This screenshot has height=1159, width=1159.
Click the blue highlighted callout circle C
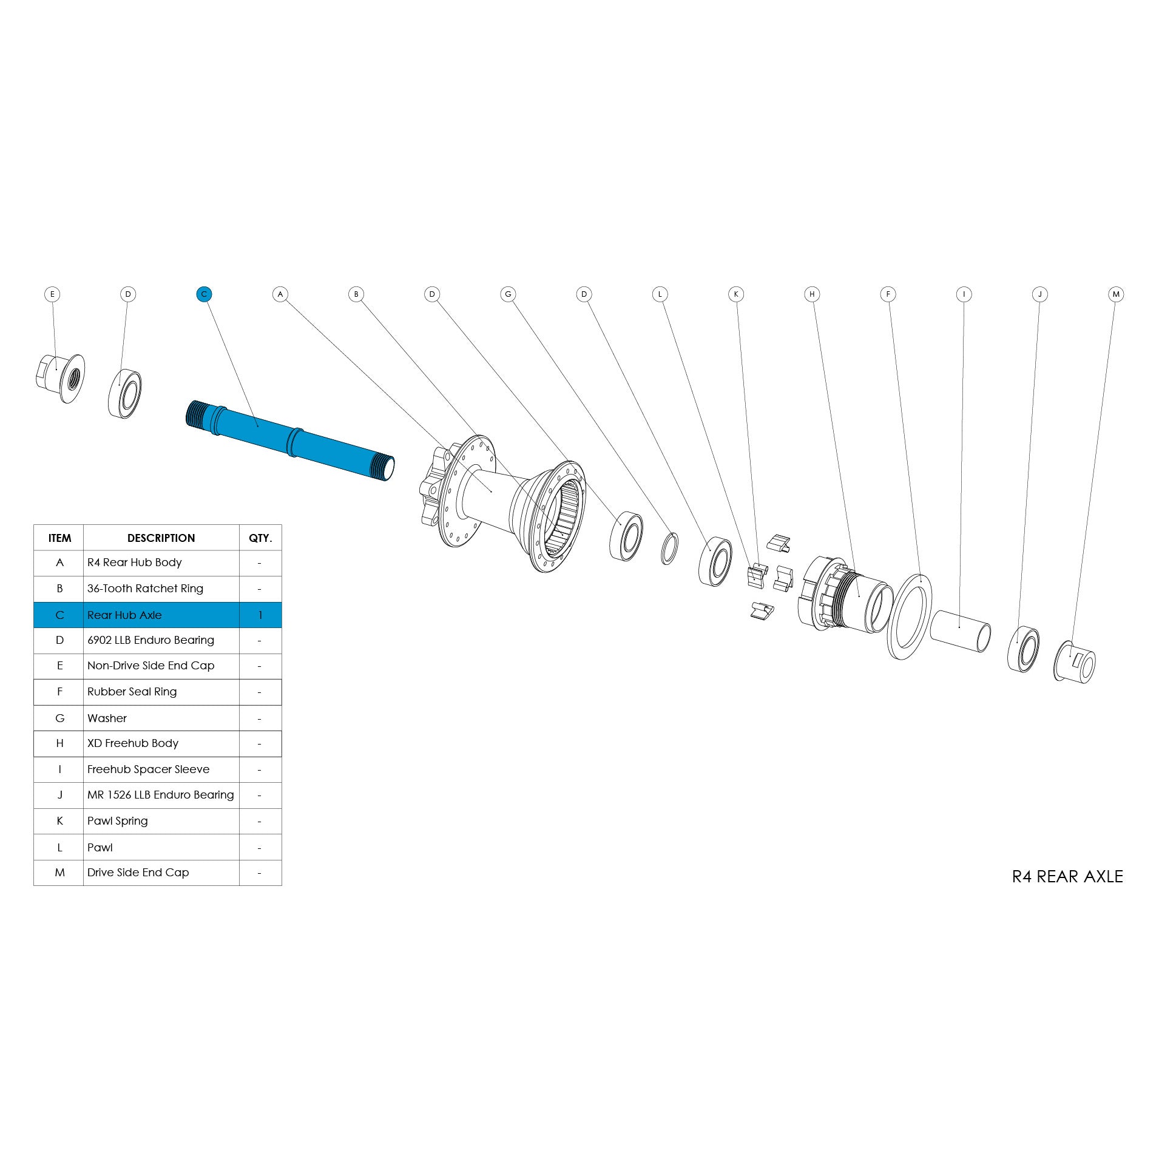[204, 294]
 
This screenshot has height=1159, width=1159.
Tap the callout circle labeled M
[1115, 294]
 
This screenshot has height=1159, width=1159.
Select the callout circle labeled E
[52, 294]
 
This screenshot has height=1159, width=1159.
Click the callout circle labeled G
[508, 294]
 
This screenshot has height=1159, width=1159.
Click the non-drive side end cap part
[61, 378]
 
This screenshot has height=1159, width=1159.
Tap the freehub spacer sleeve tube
[960, 631]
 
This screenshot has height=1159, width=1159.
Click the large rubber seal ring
[910, 617]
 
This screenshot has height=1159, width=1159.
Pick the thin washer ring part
[669, 549]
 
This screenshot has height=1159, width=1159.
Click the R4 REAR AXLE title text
[1067, 876]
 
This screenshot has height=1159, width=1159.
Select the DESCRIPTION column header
[161, 538]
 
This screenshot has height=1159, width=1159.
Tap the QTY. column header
[260, 538]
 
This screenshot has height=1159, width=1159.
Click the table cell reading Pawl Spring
[118, 821]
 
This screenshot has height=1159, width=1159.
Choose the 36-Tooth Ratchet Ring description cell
[145, 589]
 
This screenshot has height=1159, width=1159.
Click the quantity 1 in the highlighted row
[260, 615]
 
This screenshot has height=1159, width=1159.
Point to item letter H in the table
[59, 743]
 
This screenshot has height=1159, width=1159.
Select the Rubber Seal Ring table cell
[132, 692]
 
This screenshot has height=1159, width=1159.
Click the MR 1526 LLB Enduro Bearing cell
[160, 795]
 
